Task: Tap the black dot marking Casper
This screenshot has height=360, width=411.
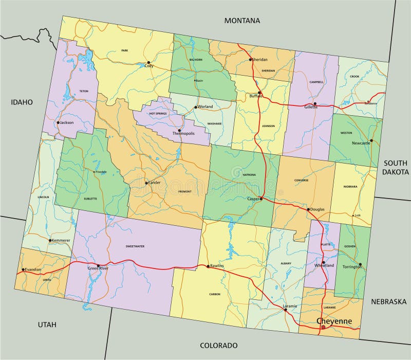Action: click(x=261, y=199)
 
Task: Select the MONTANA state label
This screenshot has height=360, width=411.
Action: click(x=242, y=21)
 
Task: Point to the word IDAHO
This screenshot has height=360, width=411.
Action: click(x=22, y=102)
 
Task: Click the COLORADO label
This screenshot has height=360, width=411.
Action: click(x=219, y=346)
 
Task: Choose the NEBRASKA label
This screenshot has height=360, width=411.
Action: click(x=389, y=301)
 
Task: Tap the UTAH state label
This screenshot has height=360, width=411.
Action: click(x=47, y=325)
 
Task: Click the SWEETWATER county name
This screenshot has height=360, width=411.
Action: click(x=135, y=246)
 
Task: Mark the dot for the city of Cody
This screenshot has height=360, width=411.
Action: click(x=148, y=62)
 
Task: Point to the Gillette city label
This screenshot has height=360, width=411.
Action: click(x=311, y=108)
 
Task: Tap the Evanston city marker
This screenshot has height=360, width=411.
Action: click(x=23, y=269)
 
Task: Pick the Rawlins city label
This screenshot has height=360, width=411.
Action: click(x=217, y=266)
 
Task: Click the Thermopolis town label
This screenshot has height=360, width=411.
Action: click(x=183, y=133)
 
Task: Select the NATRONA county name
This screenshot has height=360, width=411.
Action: click(x=249, y=175)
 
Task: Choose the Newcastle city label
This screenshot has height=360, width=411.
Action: click(x=361, y=143)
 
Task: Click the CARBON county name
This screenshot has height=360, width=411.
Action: click(x=215, y=294)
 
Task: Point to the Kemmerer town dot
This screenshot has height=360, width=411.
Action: click(x=50, y=240)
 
